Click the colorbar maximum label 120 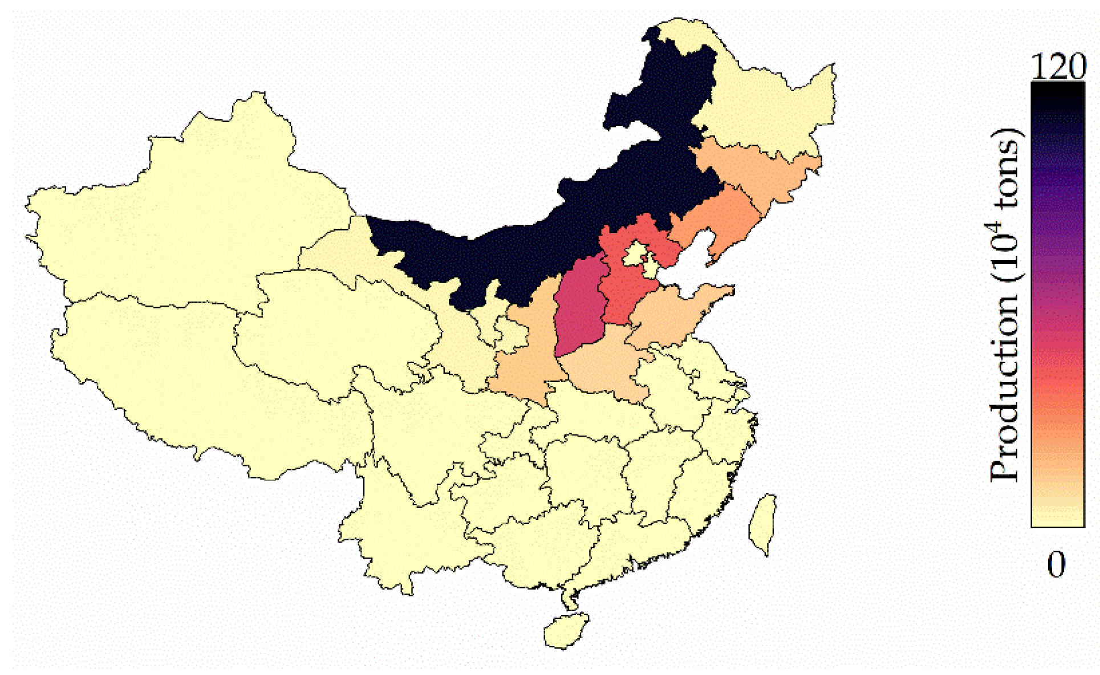point(1058,67)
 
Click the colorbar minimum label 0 point(1056,564)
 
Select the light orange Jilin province point(758,168)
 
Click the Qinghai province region point(336,325)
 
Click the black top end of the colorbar point(1057,91)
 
